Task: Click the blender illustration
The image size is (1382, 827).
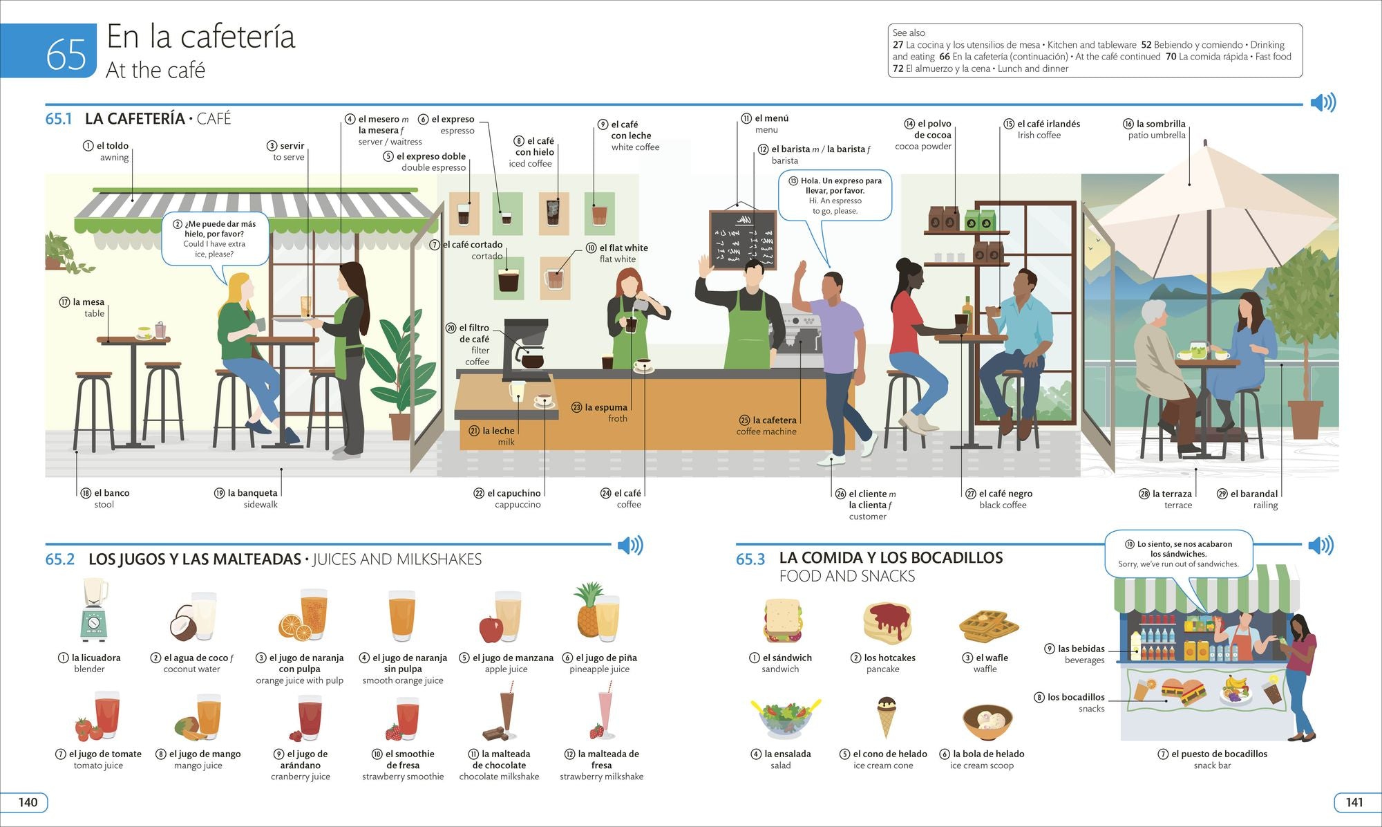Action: [95, 610]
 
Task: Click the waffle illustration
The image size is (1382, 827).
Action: [988, 626]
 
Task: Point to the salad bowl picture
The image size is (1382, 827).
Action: [786, 718]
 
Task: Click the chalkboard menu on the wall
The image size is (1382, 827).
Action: [743, 239]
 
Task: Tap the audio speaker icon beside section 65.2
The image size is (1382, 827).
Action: [630, 546]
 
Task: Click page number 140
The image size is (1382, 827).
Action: [28, 802]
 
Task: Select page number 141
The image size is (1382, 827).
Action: [1354, 802]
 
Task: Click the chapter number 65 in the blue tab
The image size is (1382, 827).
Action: [66, 54]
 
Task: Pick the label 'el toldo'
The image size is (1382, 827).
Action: [113, 146]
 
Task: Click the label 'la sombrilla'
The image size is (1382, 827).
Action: [1161, 124]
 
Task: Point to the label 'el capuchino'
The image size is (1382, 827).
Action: [514, 493]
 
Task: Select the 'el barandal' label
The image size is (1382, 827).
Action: [1254, 494]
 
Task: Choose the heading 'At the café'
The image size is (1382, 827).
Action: [155, 70]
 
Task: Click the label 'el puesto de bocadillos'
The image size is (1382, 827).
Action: [1220, 754]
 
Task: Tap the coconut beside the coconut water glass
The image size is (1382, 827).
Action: [184, 622]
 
